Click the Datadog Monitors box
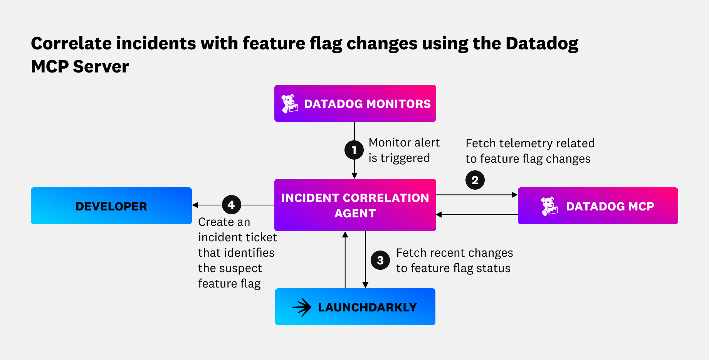point(355,103)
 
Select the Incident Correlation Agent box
point(355,205)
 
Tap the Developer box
point(111,206)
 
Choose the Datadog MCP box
point(598,206)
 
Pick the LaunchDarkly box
point(355,307)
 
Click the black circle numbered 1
point(354,150)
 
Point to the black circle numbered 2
point(475,180)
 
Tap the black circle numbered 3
point(380,260)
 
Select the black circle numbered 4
point(231,205)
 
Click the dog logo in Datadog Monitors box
point(289,104)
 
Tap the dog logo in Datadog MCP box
point(549,206)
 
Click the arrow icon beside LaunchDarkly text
point(302,307)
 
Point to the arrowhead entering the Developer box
point(195,205)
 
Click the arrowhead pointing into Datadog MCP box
point(514,195)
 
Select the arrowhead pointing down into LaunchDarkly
point(365,285)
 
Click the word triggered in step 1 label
point(405,158)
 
